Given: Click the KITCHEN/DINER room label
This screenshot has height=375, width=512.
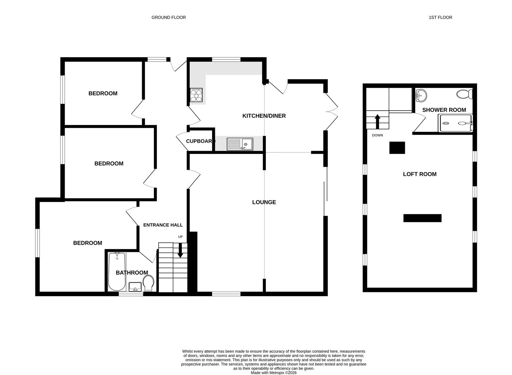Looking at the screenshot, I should pos(264,116).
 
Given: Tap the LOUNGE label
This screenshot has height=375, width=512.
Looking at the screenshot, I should pos(264,202).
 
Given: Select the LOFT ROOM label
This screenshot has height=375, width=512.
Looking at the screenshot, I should pos(419,174).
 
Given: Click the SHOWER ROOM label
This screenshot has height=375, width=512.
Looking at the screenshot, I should pos(444,110).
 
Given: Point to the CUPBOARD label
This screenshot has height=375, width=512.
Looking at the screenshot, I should pos(200,141).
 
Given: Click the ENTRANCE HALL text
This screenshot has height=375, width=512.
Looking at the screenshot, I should pos(163,225).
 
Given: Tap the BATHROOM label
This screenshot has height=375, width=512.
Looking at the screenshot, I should pos(132,273).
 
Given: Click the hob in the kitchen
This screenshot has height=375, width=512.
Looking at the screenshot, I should pos(196,95).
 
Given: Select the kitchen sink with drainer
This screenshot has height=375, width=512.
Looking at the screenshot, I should pos(240,144).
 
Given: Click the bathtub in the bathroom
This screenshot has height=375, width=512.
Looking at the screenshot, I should pos(117,272).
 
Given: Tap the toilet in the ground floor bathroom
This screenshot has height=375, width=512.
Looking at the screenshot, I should pos(149,283).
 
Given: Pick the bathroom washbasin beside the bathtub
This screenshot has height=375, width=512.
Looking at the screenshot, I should pos(135,286).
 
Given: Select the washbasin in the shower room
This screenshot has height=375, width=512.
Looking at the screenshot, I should pos(421,95).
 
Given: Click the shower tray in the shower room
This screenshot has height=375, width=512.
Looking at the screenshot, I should pos(455,123).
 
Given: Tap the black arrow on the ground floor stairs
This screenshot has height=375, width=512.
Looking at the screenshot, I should pos(180,250).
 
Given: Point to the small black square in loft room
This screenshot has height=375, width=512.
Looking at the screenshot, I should pos(397,148).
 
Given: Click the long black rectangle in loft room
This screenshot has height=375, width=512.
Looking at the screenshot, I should pos(422,218).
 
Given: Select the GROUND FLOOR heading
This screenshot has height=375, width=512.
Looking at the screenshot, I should pos(168,17).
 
